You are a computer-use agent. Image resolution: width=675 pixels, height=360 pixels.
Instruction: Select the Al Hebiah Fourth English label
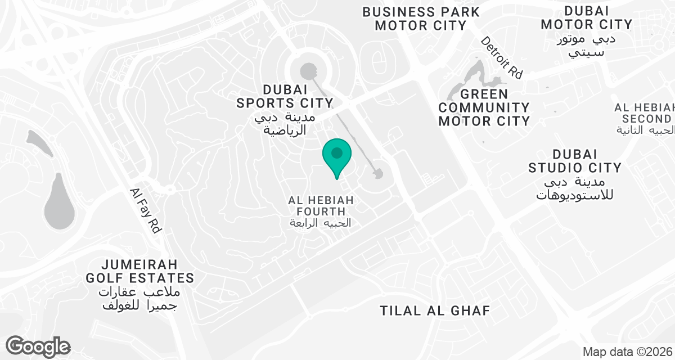click(317, 206)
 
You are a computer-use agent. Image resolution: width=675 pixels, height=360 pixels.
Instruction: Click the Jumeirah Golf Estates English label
click(140, 271)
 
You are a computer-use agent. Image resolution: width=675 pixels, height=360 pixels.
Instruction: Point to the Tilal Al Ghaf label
click(435, 310)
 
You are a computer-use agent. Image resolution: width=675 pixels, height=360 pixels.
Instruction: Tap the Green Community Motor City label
click(484, 107)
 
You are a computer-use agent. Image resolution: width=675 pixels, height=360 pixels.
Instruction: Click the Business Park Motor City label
click(421, 19)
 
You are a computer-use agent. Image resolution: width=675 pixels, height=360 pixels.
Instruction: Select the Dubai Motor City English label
click(586, 17)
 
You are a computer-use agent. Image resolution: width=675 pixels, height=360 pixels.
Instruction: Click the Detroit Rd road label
click(502, 57)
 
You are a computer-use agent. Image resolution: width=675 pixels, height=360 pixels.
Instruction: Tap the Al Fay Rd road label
click(146, 210)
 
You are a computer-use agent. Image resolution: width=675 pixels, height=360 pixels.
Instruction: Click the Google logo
click(38, 346)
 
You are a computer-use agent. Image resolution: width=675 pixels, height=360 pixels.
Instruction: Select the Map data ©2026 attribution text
click(627, 352)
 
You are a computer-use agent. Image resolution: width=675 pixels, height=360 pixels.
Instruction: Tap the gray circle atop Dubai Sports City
click(308, 71)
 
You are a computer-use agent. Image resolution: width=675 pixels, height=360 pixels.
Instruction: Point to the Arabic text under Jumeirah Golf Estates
click(138, 299)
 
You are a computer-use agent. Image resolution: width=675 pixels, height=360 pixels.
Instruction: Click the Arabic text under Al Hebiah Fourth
click(320, 223)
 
